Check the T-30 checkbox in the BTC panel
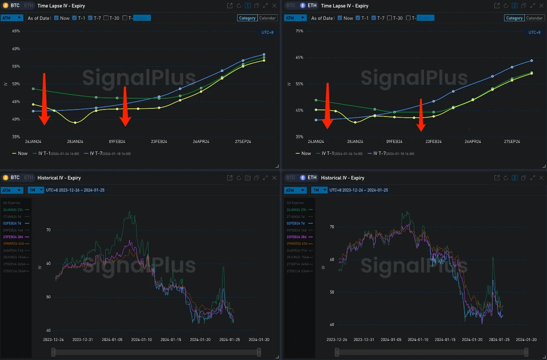tap(106, 18)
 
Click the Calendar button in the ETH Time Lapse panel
tap(534, 18)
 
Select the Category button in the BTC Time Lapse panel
tap(247, 18)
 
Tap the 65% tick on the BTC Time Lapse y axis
tap(16, 31)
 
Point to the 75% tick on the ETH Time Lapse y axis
tap(300, 31)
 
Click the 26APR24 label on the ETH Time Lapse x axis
tap(472, 141)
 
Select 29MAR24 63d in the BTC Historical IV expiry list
tap(14, 244)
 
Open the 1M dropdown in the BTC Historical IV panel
tap(36, 190)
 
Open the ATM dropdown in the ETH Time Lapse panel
tap(295, 18)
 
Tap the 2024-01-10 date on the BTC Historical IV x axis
tap(141, 340)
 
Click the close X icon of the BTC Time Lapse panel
tap(274, 6)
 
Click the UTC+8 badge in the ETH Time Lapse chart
tap(534, 32)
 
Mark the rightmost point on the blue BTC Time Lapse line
tap(264, 55)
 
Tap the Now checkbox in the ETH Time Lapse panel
tap(340, 18)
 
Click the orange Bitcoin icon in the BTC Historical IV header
tap(6, 178)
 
